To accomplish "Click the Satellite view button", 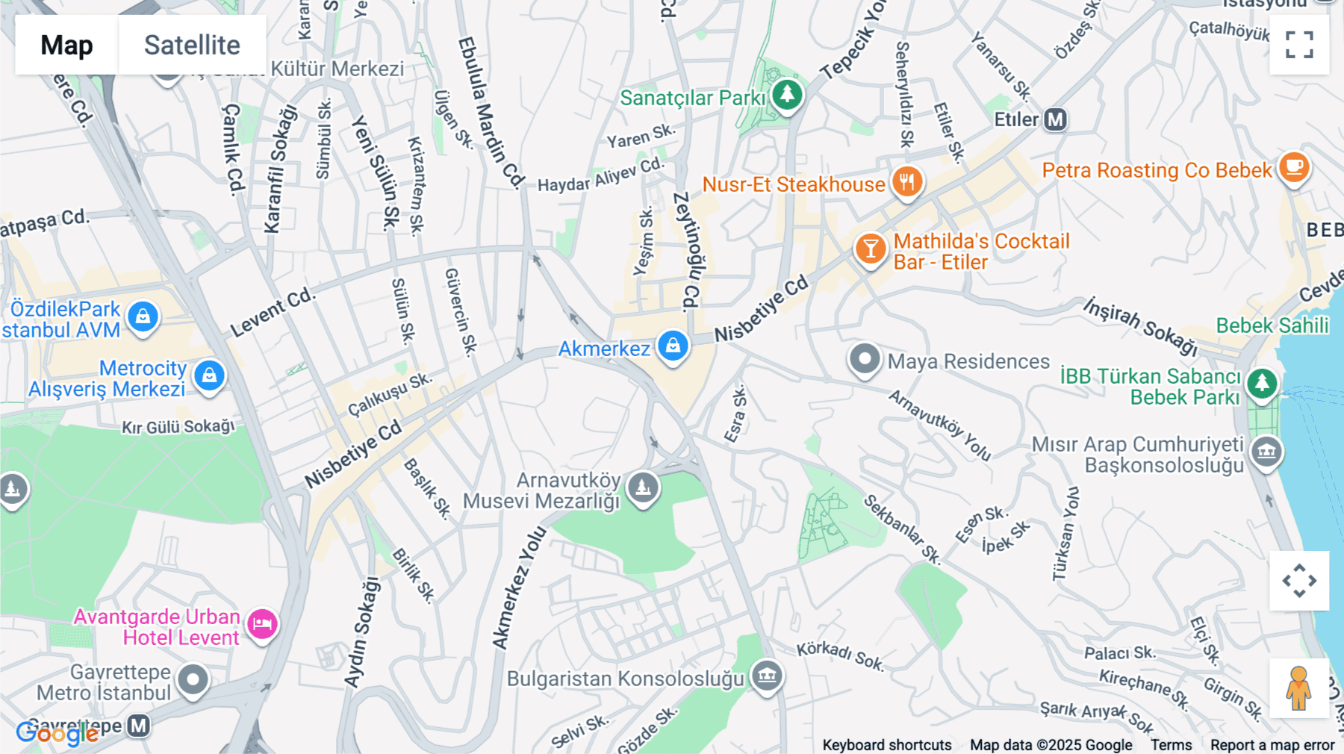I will pyautogui.click(x=192, y=45).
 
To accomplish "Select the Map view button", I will pyautogui.click(x=66, y=45).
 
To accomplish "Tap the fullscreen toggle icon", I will pyautogui.click(x=1299, y=45).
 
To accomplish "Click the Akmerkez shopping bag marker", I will pyautogui.click(x=673, y=346).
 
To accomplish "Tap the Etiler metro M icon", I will pyautogui.click(x=1055, y=119).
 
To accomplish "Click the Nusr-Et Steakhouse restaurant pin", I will pyautogui.click(x=907, y=181).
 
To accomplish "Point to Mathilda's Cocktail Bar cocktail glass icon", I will pyautogui.click(x=870, y=249).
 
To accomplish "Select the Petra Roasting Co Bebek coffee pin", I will pyautogui.click(x=1294, y=167).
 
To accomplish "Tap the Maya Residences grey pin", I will pyautogui.click(x=865, y=359).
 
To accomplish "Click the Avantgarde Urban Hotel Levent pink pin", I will pyautogui.click(x=262, y=624).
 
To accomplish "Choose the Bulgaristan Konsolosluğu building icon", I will pyautogui.click(x=767, y=676).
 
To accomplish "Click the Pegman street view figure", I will pyautogui.click(x=1298, y=688).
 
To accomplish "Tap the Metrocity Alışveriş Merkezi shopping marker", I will pyautogui.click(x=210, y=376).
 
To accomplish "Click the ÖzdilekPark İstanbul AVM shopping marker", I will pyautogui.click(x=143, y=317).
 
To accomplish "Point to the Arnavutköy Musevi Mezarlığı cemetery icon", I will pyautogui.click(x=643, y=488).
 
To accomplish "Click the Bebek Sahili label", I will pyautogui.click(x=1272, y=326).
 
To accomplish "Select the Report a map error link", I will pyautogui.click(x=1272, y=745).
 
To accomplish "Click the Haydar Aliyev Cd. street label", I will pyautogui.click(x=600, y=175).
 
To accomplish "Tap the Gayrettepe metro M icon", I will pyautogui.click(x=139, y=726).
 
